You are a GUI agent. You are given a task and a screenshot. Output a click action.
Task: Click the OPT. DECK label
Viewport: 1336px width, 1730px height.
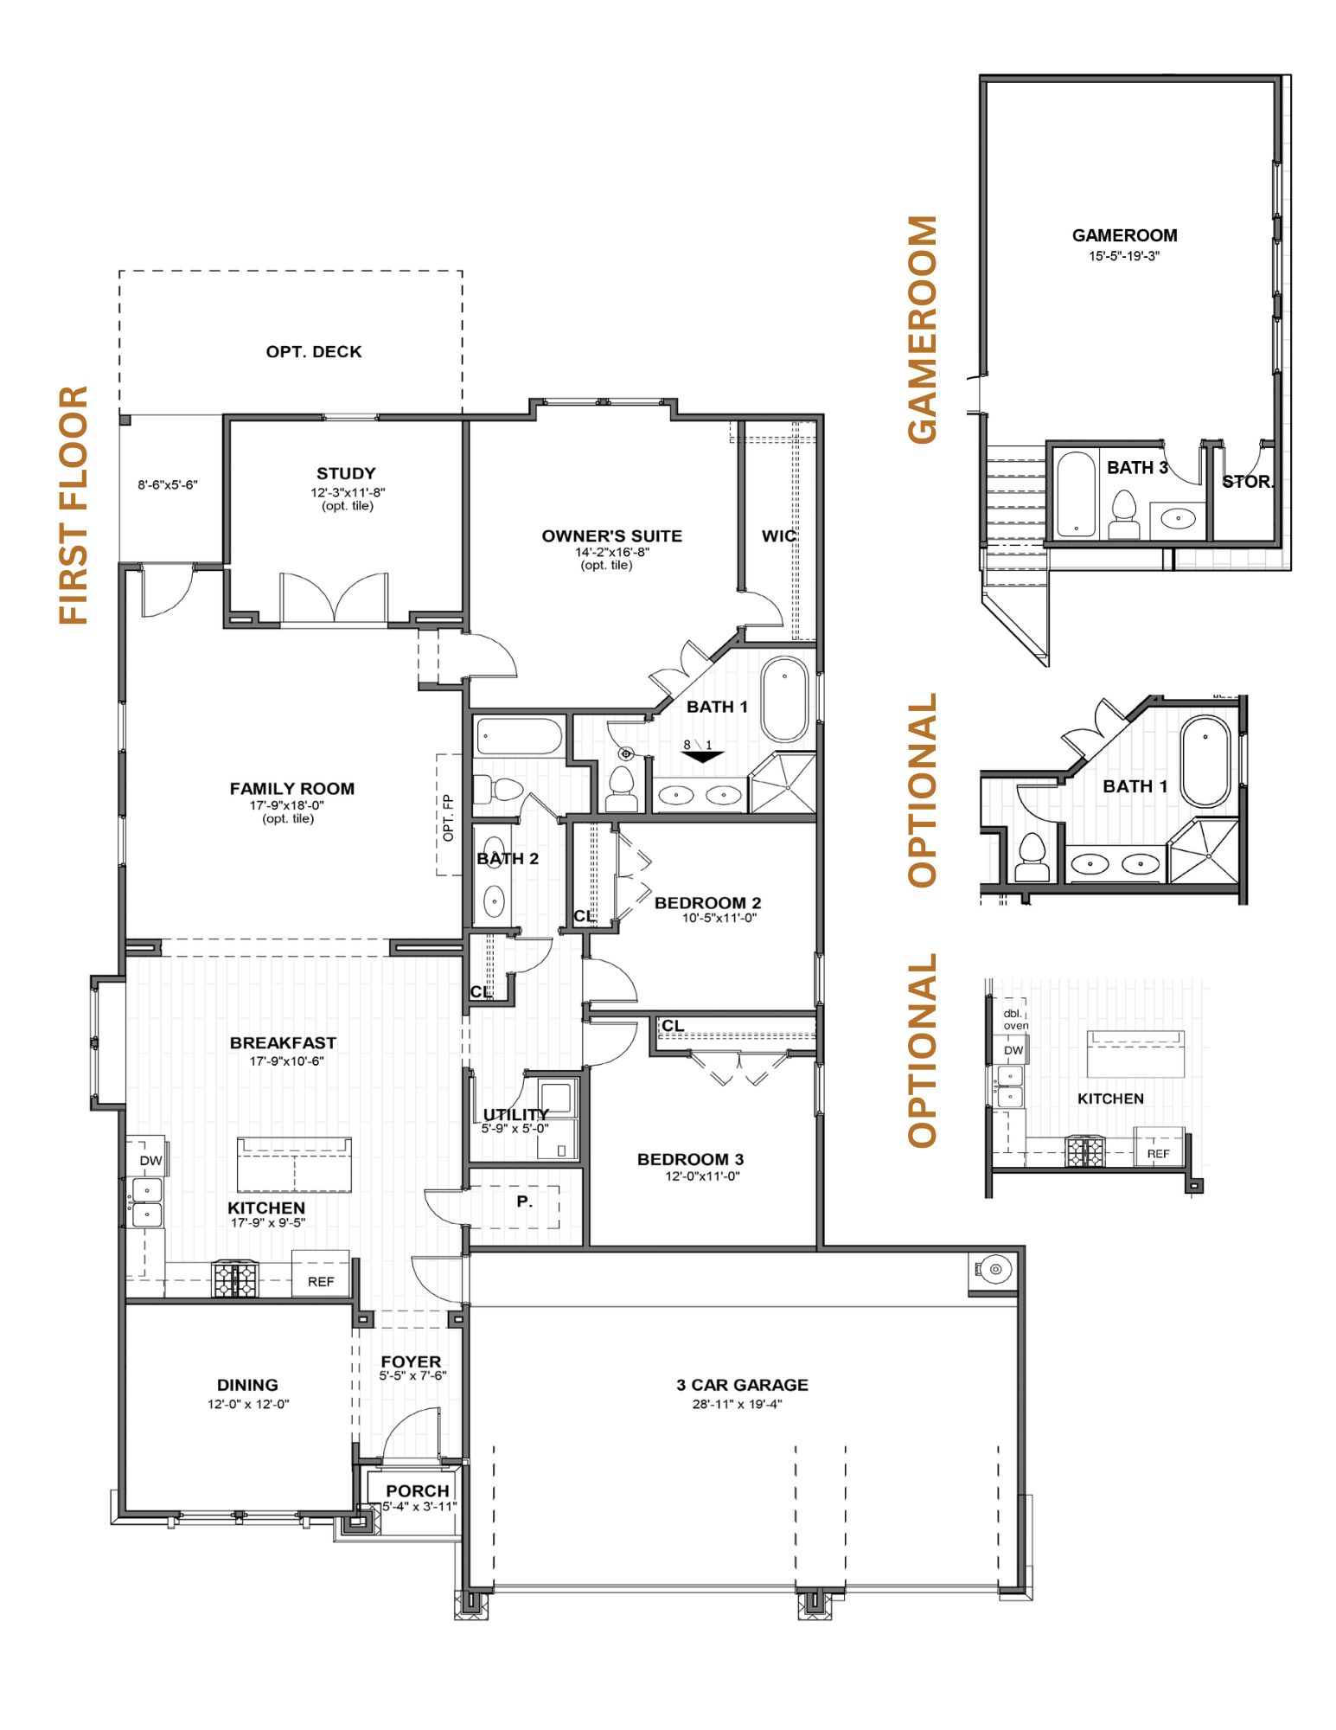314,352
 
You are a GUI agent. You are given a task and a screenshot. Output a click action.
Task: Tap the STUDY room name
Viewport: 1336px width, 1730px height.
346,473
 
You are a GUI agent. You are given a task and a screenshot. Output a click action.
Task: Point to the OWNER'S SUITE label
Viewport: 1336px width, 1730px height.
612,536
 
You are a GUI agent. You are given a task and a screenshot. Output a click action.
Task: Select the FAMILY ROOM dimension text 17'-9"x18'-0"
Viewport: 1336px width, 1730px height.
287,805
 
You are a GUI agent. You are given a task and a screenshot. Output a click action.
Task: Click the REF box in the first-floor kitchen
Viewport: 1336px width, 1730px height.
321,1274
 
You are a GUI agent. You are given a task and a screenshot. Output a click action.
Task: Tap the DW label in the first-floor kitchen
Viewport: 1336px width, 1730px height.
150,1161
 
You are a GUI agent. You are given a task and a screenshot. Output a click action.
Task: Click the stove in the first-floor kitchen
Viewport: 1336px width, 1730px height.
235,1279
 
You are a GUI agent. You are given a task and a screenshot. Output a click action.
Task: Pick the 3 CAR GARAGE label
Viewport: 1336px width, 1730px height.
742,1385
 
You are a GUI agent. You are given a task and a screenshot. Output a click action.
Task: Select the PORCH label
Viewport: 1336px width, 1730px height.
418,1491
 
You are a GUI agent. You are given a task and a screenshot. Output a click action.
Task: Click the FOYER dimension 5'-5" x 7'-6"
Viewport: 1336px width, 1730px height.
412,1375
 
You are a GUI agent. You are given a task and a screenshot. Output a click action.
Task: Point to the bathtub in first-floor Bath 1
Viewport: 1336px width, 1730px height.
784,699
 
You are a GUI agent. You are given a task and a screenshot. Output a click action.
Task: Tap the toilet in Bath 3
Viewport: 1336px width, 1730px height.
1124,514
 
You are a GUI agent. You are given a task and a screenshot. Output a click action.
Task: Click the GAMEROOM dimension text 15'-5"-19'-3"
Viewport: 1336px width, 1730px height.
1124,256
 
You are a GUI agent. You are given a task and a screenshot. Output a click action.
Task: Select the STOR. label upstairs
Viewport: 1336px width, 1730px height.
1248,482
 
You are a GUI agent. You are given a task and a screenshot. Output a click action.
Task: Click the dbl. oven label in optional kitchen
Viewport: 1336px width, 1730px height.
1015,1019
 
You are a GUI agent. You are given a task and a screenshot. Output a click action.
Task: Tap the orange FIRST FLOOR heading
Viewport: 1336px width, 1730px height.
74,505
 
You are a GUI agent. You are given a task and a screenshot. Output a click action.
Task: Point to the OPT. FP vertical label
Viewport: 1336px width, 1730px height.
448,818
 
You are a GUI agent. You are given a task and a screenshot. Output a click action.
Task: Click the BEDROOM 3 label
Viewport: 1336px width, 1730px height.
690,1159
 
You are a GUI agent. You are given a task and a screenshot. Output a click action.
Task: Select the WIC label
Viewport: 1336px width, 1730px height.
778,536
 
